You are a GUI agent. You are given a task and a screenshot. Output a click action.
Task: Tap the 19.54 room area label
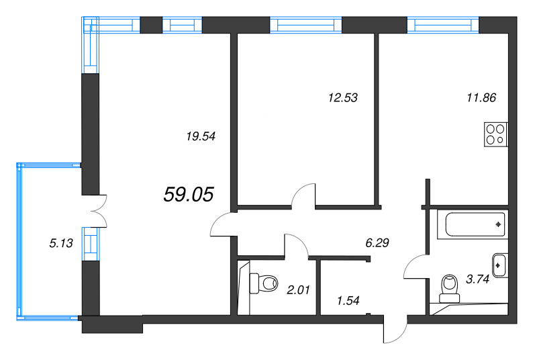coord(199,136)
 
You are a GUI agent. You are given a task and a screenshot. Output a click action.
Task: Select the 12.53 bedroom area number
coord(343,97)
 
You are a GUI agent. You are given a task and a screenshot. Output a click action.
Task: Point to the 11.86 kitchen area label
coord(481,97)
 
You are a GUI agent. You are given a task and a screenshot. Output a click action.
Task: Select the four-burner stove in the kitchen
coord(497,134)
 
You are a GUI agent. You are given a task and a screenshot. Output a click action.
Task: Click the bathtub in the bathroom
coord(473,224)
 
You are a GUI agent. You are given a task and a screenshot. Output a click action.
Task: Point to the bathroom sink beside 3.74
coord(499,265)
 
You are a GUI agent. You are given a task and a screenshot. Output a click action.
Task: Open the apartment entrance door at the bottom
coord(395,330)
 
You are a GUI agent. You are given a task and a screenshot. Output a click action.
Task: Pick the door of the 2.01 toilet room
coord(295,244)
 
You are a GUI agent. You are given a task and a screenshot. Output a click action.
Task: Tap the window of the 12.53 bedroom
coord(306,25)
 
